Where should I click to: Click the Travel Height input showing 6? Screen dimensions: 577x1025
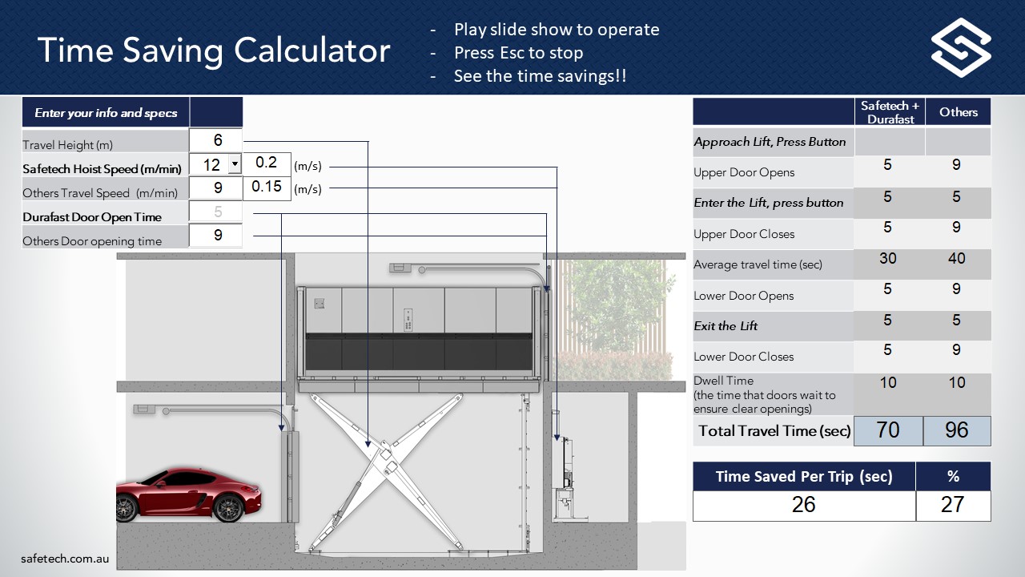point(217,140)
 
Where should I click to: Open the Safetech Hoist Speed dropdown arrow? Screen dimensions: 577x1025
point(234,164)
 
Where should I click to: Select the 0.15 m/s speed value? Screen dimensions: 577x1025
point(267,187)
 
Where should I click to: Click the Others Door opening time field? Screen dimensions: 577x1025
point(217,236)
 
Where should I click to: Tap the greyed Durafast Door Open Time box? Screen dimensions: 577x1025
point(217,212)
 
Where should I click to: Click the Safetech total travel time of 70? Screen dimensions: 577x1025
point(888,430)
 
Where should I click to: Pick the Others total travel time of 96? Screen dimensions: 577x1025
point(957,430)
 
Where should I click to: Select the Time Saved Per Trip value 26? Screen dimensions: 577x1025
point(803,504)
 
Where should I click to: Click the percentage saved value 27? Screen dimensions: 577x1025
point(953,504)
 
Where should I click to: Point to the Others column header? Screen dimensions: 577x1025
point(959,112)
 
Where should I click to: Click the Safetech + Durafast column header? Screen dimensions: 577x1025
point(890,112)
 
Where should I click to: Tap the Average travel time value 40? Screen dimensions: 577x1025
point(957,259)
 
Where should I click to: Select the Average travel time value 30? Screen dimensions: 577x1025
point(888,259)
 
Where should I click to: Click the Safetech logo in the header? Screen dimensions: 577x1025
point(961,48)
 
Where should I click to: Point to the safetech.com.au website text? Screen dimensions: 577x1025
point(65,559)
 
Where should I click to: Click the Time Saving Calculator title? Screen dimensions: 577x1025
point(214,50)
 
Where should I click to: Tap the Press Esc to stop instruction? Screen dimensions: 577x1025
point(518,53)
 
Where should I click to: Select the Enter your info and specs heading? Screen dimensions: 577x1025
point(106,113)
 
